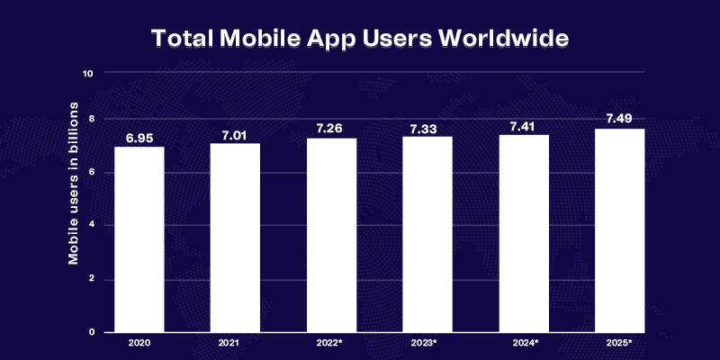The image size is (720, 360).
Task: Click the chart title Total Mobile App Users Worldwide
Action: pyautogui.click(x=360, y=40)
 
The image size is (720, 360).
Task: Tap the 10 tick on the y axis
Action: pyautogui.click(x=87, y=73)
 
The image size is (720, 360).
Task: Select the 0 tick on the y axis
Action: pyautogui.click(x=91, y=332)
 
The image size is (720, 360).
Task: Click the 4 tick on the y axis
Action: pyautogui.click(x=91, y=225)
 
